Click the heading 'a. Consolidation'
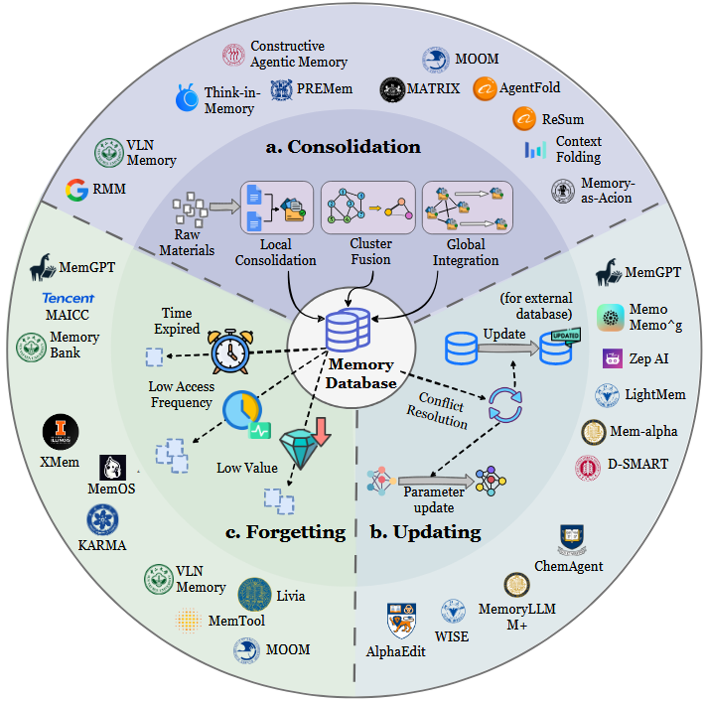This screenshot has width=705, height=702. point(344,147)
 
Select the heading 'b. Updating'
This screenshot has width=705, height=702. point(424,531)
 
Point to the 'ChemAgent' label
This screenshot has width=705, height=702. point(569,566)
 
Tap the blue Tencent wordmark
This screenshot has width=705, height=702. point(68,299)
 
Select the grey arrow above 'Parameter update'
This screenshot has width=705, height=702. point(429,478)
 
